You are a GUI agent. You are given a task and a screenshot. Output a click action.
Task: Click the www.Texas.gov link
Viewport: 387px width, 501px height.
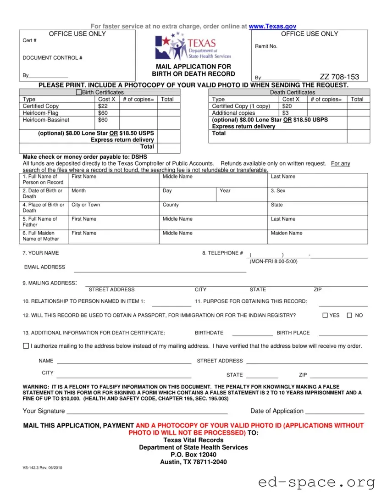272,27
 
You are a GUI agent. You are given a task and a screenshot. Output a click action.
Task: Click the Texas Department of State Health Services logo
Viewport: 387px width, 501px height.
193,47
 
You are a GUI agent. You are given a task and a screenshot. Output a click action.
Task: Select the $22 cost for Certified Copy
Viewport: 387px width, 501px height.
103,106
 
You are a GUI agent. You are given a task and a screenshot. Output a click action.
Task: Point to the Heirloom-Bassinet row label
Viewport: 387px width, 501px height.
46,120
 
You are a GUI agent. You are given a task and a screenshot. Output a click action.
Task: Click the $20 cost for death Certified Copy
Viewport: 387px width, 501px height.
287,106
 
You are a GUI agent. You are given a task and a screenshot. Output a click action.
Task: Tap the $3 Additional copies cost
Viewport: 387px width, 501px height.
286,113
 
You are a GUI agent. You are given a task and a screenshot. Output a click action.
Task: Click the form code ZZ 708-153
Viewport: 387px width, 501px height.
339,77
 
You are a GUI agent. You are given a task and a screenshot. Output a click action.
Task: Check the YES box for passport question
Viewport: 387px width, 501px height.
325,316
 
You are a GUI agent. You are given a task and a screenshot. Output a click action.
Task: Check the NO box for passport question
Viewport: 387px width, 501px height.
349,316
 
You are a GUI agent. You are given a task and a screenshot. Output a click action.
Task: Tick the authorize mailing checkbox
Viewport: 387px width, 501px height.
26,346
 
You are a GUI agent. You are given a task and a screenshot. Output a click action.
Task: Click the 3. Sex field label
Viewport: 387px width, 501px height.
278,190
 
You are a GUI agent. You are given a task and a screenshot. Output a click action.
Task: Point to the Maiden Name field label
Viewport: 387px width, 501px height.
287,233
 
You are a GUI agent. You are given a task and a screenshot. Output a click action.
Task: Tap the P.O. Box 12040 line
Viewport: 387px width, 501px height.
193,455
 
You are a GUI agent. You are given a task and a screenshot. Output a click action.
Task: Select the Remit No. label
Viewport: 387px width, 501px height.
266,46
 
